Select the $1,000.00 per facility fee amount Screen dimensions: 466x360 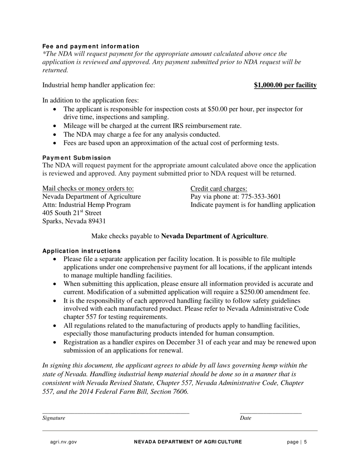click(x=285, y=85)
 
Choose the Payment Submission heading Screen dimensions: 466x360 click(x=77, y=158)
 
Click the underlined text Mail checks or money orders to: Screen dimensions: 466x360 click(x=88, y=189)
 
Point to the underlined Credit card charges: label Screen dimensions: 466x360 click(x=219, y=189)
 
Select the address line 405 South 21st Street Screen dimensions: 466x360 click(x=72, y=213)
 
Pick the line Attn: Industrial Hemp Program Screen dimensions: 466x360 click(x=86, y=205)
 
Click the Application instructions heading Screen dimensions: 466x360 click(x=81, y=251)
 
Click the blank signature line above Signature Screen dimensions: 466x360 click(x=116, y=412)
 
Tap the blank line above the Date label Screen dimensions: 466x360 click(x=271, y=412)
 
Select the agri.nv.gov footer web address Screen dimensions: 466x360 click(x=63, y=442)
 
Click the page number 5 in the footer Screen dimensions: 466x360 click(x=305, y=442)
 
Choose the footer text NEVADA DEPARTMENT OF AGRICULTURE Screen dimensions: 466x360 click(x=188, y=442)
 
